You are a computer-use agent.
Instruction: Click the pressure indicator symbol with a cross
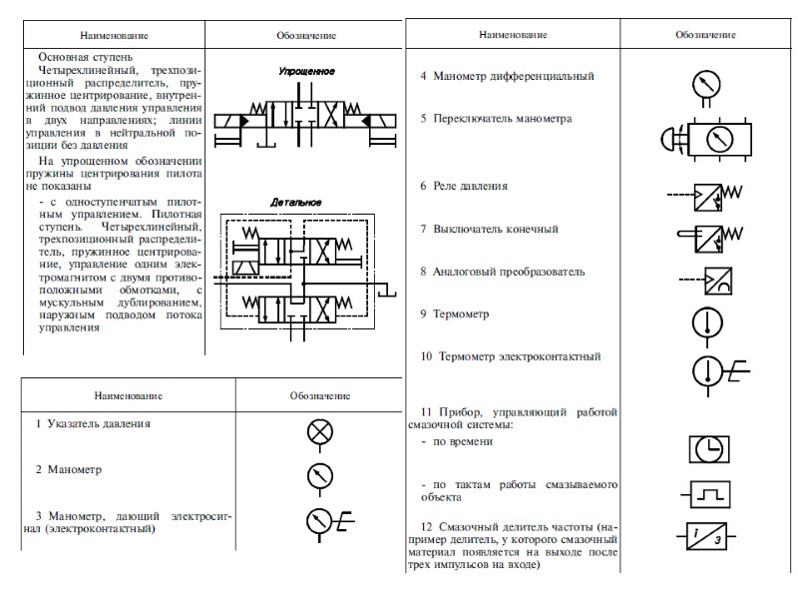(320, 431)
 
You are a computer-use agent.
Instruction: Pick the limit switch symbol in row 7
(709, 237)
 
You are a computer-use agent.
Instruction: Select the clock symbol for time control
(709, 449)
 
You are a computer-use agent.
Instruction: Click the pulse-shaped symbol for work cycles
(709, 493)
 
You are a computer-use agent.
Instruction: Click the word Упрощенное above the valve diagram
(306, 72)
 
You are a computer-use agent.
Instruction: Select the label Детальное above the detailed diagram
(296, 203)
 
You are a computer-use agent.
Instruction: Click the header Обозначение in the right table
(706, 35)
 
